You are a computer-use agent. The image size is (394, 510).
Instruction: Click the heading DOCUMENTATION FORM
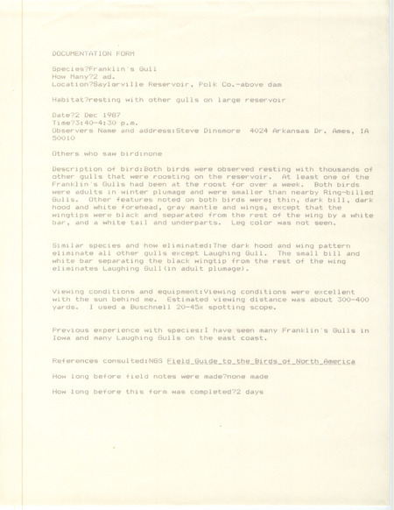(x=87, y=53)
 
